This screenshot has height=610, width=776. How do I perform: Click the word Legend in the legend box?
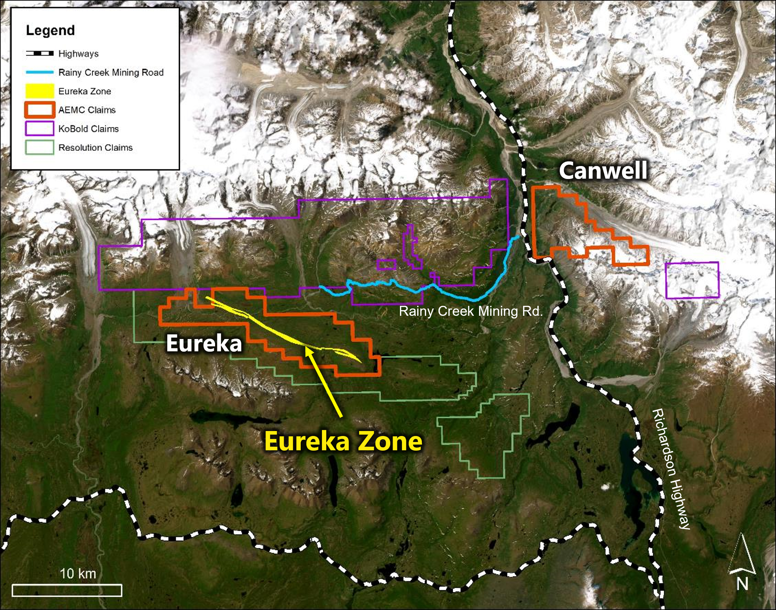[x=50, y=30]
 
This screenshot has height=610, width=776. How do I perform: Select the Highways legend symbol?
[x=39, y=53]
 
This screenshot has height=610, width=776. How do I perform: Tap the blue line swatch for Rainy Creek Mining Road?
[x=39, y=72]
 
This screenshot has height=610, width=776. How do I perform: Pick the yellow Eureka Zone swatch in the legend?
[x=39, y=91]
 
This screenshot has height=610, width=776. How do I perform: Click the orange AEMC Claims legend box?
[x=39, y=110]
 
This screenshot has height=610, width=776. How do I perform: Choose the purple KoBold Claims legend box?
[x=39, y=129]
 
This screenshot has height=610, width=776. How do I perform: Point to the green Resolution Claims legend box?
[x=39, y=147]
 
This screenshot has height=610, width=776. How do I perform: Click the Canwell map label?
[x=603, y=171]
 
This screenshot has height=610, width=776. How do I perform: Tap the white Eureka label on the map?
[x=204, y=344]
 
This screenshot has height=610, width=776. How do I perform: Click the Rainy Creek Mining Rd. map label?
[x=470, y=311]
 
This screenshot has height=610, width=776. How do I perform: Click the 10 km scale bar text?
[x=78, y=573]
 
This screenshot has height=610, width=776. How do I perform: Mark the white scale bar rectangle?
[x=67, y=590]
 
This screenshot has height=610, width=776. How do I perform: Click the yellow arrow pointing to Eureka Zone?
[x=324, y=382]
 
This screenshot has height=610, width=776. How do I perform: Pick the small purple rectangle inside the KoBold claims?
[x=387, y=265]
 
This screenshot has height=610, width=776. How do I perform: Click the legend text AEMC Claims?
[x=87, y=110]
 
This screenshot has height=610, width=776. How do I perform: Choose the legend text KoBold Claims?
[x=89, y=129]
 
